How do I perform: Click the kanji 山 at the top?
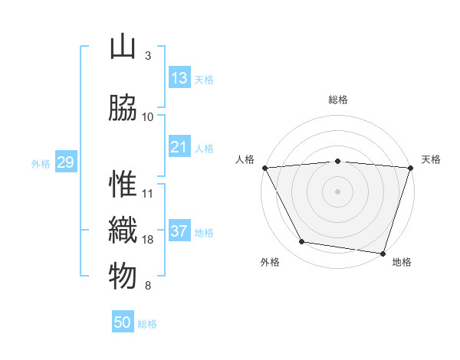[x=123, y=47]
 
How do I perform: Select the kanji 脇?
[x=123, y=108]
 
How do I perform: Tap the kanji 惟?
[x=123, y=185]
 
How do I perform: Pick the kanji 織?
[x=123, y=231]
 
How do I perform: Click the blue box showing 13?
[x=179, y=77]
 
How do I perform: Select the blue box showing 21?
[x=179, y=146]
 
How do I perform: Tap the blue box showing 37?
[x=179, y=231]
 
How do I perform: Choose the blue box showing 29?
[x=65, y=162]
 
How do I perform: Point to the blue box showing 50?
[x=123, y=322]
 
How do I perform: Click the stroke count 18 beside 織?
[x=148, y=240]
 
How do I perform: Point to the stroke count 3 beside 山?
[x=148, y=56]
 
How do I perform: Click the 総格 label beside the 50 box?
[x=147, y=324]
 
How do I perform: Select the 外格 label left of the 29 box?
[x=40, y=163]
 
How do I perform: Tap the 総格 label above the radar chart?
[x=338, y=100]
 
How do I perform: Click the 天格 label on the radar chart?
[x=431, y=159]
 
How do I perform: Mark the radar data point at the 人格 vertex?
[x=265, y=168]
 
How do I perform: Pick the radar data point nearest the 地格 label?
[x=383, y=253]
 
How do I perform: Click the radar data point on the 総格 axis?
[x=338, y=161]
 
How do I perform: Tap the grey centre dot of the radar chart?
[x=338, y=191]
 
